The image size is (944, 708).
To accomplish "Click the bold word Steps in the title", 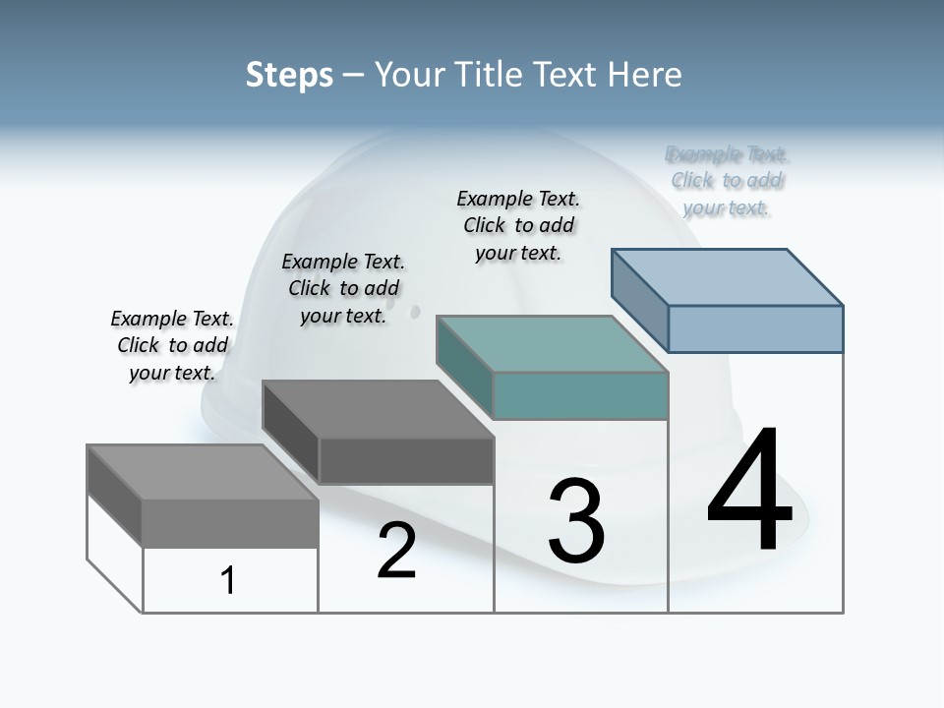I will [289, 75].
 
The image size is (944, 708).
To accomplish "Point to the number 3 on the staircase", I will [576, 521].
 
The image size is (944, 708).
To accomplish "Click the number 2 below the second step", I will [396, 551].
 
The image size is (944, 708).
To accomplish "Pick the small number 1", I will [228, 580].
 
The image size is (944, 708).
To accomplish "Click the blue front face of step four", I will [755, 328].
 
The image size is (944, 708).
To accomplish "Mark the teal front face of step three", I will [580, 395].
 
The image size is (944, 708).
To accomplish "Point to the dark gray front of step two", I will [406, 460].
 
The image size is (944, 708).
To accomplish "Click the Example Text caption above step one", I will [172, 345].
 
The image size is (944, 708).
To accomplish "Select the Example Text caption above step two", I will [343, 288].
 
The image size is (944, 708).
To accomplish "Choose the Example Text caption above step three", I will [518, 225].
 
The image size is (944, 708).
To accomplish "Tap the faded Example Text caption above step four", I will [727, 181].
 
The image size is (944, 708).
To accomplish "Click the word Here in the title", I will [645, 75].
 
